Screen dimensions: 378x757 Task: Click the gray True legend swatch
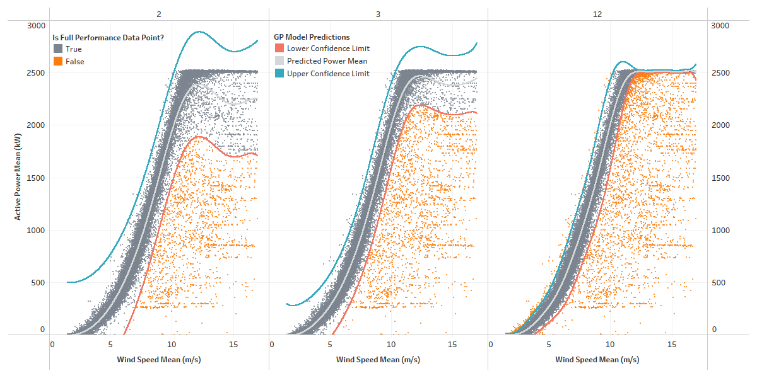click(x=57, y=49)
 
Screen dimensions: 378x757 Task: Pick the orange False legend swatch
click(x=57, y=62)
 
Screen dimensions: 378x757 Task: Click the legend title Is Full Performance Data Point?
click(x=108, y=37)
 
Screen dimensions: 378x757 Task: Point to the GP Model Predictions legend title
click(x=312, y=37)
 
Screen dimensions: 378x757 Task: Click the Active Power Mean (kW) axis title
click(x=18, y=180)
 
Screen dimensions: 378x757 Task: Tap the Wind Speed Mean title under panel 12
click(x=597, y=360)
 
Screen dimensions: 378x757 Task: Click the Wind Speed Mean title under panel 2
click(x=159, y=360)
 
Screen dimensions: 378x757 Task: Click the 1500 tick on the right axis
click(x=720, y=178)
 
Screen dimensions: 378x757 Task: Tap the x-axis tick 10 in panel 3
click(x=391, y=345)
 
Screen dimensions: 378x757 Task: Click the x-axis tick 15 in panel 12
click(x=671, y=345)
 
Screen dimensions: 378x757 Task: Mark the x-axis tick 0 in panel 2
click(x=52, y=345)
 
